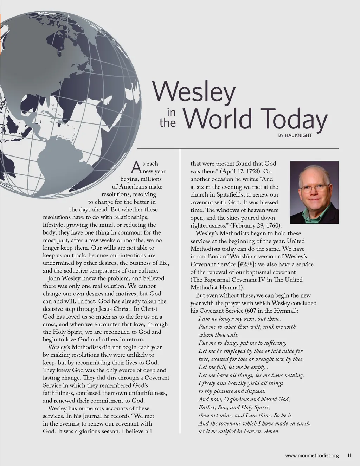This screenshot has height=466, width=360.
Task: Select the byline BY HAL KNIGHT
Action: (295, 135)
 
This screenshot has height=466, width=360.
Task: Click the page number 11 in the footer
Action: (349, 455)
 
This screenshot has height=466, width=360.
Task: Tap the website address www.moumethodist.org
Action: (312, 455)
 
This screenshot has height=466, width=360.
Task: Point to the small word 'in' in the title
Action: (171, 113)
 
